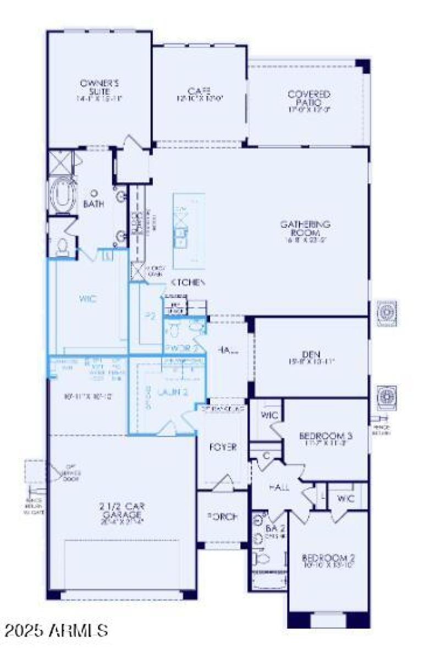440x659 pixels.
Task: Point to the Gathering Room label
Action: (305, 228)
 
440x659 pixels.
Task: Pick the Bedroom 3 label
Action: (326, 439)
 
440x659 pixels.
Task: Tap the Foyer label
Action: (223, 447)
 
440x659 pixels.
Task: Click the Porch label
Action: (222, 517)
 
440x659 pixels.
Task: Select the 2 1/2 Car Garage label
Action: (122, 510)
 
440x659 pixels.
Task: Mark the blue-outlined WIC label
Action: (88, 299)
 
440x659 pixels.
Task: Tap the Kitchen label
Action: (188, 282)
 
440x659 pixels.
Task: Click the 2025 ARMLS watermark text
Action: (55, 629)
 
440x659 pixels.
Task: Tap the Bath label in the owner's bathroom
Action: (93, 204)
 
